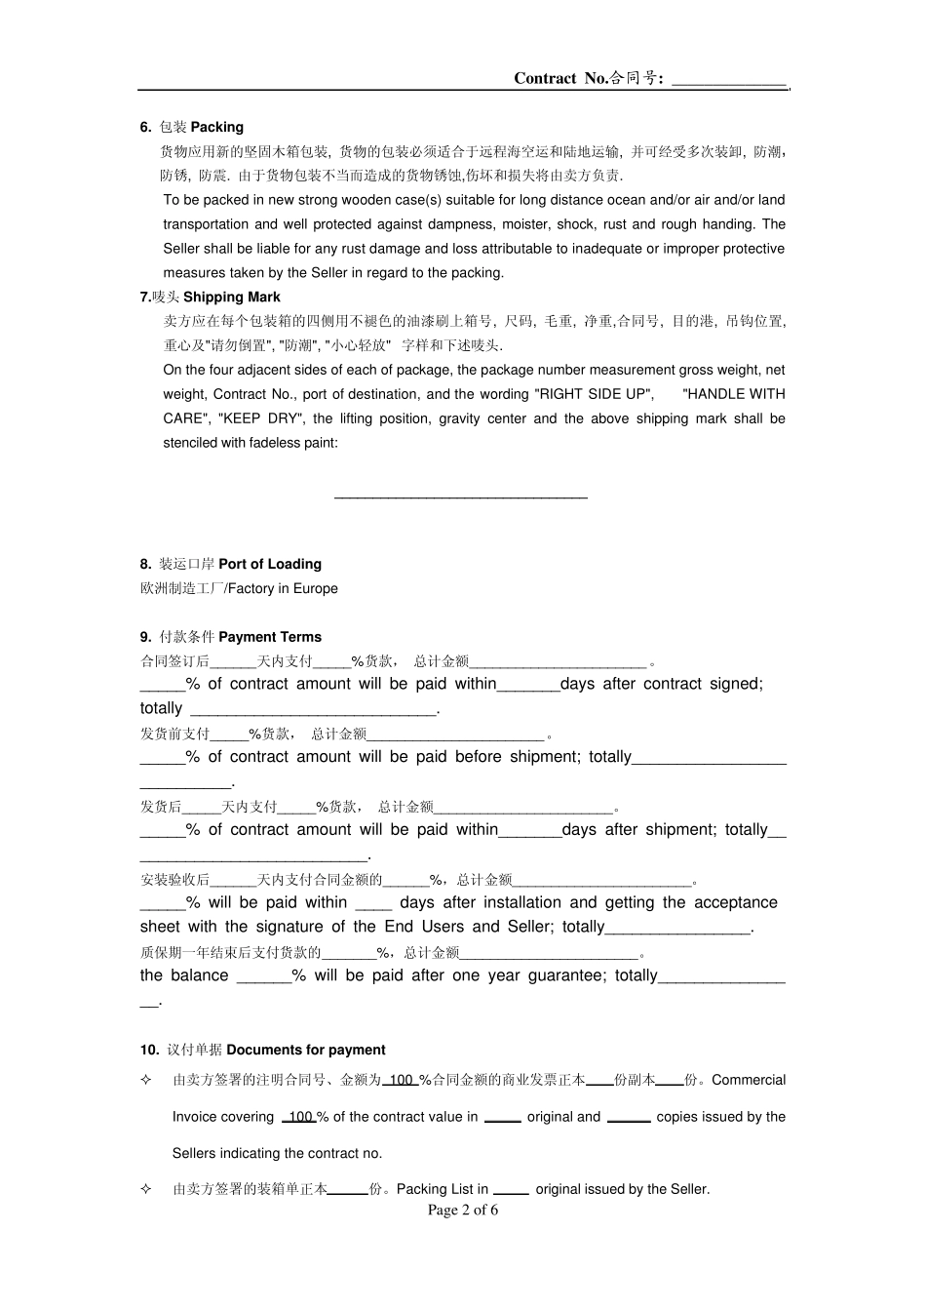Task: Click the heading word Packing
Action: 217,127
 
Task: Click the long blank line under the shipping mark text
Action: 461,497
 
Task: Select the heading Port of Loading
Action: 270,564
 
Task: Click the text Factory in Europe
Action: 283,588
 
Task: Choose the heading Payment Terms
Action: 270,637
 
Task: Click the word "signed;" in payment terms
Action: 737,684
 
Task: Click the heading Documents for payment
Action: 306,1050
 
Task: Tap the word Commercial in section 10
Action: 749,1080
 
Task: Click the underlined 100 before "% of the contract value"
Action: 300,1117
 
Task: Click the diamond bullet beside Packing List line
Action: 146,1189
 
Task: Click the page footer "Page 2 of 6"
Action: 463,1211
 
